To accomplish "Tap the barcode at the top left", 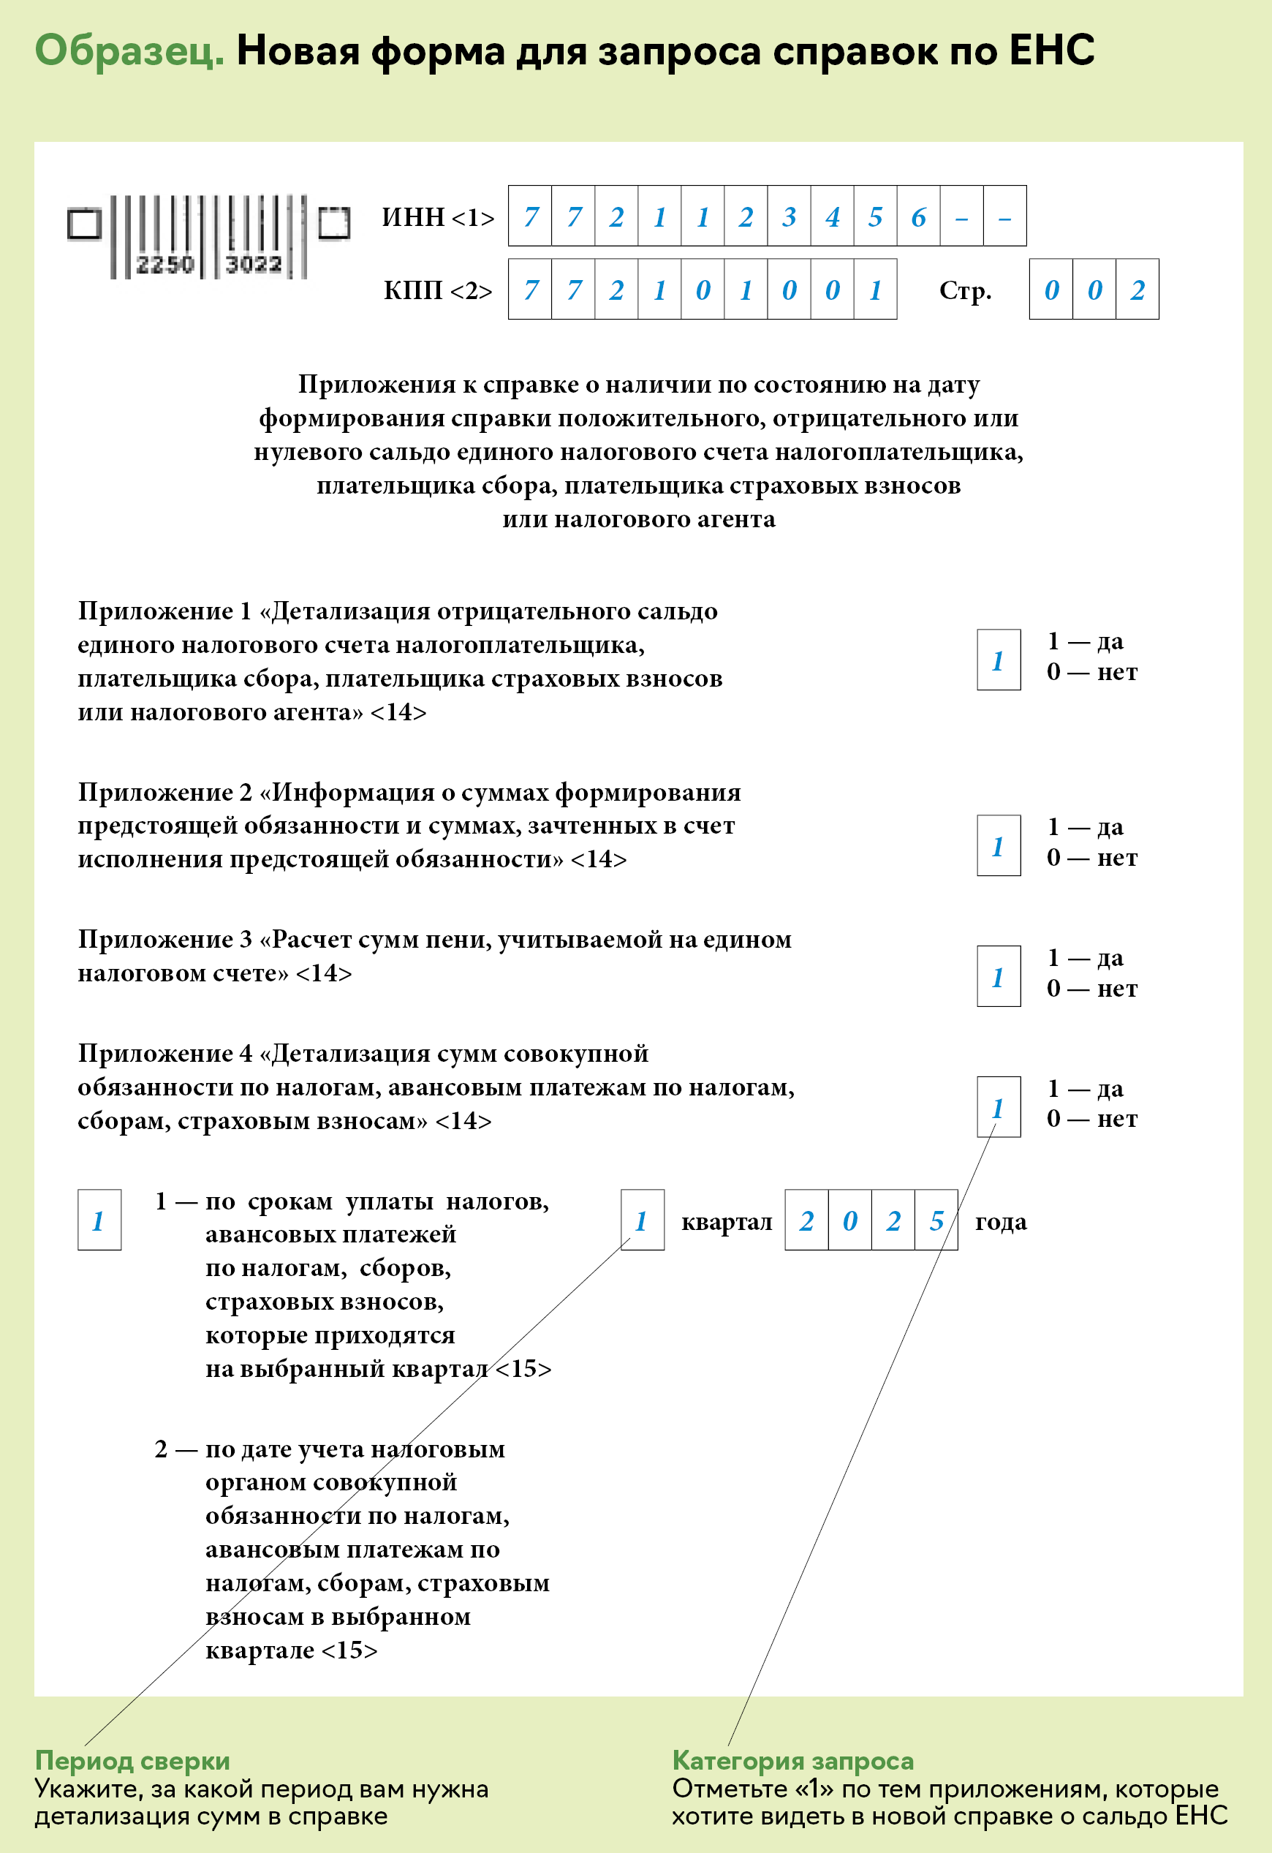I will pyautogui.click(x=207, y=237).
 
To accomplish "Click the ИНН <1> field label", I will pyautogui.click(x=438, y=217).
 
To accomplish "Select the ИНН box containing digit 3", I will pyautogui.click(x=789, y=216).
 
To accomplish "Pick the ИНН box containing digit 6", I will pyautogui.click(x=918, y=216).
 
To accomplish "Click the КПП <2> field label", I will pyautogui.click(x=438, y=290).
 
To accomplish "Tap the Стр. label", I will pyautogui.click(x=965, y=290).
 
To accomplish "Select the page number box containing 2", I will pyautogui.click(x=1137, y=290).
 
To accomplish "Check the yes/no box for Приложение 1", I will pyautogui.click(x=999, y=660).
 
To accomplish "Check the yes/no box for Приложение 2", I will pyautogui.click(x=999, y=845).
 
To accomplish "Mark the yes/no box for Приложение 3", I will pyautogui.click(x=999, y=976).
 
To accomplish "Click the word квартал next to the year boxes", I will pyautogui.click(x=726, y=1221).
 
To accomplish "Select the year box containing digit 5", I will pyautogui.click(x=936, y=1220).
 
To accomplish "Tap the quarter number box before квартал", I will pyautogui.click(x=642, y=1220).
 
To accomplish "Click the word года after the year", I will pyautogui.click(x=1000, y=1221).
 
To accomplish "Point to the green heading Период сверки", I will pyautogui.click(x=132, y=1761).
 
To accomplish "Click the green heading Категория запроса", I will pyautogui.click(x=792, y=1761).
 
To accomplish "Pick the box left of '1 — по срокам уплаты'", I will pyautogui.click(x=99, y=1220).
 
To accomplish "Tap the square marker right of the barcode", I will pyautogui.click(x=334, y=223).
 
